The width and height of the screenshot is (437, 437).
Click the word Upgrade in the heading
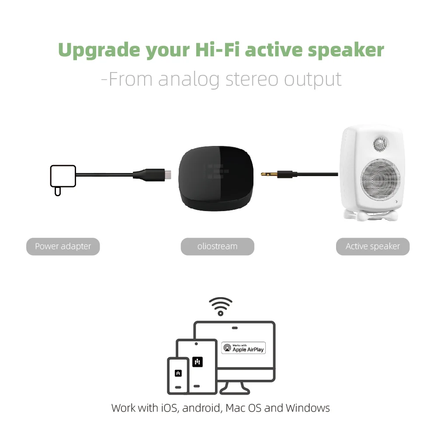coord(99,50)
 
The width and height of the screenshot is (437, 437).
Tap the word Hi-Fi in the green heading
coord(217,50)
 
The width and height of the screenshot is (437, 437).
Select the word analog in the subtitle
coord(189,80)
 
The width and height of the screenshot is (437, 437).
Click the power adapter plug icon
coord(62,180)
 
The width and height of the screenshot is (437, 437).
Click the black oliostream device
coord(216,178)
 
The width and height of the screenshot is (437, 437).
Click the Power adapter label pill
coord(63,246)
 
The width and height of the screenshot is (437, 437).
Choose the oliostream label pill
coord(217,246)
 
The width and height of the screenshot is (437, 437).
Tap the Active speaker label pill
coord(373,246)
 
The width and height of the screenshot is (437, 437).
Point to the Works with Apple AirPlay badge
coord(243,348)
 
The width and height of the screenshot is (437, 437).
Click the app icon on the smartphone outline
coord(178,373)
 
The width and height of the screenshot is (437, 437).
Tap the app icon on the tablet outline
coord(198,362)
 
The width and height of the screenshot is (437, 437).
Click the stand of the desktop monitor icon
coord(235,388)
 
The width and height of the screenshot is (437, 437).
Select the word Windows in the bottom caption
coord(308,408)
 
